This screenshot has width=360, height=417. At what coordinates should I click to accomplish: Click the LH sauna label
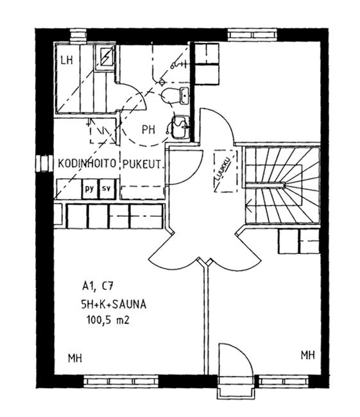click(x=67, y=60)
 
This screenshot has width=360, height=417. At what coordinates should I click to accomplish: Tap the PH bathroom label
click(x=148, y=130)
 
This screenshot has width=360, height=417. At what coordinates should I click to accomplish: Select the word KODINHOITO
click(x=87, y=164)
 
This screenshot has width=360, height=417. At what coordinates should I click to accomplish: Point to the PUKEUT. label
click(x=142, y=165)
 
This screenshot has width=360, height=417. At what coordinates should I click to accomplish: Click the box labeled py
click(x=90, y=189)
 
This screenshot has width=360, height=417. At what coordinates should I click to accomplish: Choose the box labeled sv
click(x=107, y=189)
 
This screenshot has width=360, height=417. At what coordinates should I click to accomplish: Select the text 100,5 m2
click(x=108, y=319)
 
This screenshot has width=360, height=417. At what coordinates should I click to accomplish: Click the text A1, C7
click(x=98, y=286)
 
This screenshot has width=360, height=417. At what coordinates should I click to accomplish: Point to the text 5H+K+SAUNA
click(x=114, y=304)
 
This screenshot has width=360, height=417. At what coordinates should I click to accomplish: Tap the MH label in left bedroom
click(x=75, y=358)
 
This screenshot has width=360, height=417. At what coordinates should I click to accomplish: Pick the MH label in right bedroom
click(x=308, y=355)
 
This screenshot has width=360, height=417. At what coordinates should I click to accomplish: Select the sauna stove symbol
click(x=105, y=57)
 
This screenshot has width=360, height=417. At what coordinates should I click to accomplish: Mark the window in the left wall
click(x=44, y=164)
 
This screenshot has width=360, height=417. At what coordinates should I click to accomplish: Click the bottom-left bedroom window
click(x=121, y=381)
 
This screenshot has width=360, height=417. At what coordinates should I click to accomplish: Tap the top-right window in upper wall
click(x=252, y=35)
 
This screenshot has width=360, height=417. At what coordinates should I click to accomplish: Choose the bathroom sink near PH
click(x=180, y=127)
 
